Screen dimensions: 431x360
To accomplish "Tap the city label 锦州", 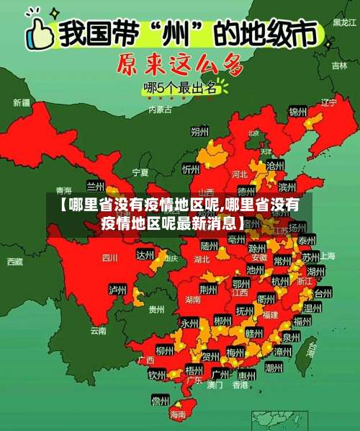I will [x=297, y=112].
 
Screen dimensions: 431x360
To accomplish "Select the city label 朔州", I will [x=199, y=132].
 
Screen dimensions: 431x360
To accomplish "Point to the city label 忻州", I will [x=191, y=169].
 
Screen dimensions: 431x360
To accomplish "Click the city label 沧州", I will [x=275, y=166].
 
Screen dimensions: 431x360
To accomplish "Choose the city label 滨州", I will [x=287, y=187].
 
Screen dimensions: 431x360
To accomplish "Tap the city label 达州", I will [x=145, y=255].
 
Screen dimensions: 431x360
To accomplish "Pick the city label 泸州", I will [x=117, y=289].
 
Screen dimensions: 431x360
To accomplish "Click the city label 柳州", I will [x=163, y=350].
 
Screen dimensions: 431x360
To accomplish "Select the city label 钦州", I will [x=157, y=376].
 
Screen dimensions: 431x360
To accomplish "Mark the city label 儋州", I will [x=160, y=401].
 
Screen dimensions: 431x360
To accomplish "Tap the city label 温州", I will [x=312, y=308].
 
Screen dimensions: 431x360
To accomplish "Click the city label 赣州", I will [x=253, y=334].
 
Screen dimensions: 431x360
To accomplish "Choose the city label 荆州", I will [x=208, y=290].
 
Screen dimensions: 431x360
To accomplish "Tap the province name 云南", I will [x=99, y=331].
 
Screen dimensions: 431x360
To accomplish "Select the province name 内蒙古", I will [x=160, y=110].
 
